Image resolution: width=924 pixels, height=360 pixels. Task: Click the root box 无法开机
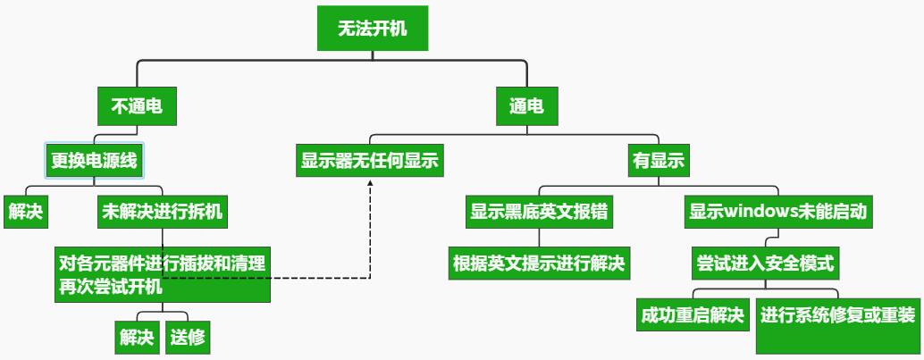tap(372, 29)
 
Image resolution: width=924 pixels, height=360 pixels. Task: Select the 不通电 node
tap(136, 107)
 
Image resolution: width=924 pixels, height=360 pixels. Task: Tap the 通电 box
tap(526, 107)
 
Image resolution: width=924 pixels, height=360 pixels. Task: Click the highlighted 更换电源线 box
tap(95, 161)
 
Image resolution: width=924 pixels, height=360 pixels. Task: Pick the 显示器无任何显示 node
tap(371, 161)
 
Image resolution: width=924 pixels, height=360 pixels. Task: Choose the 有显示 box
tap(658, 161)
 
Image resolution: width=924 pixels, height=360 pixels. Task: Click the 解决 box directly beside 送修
tap(136, 337)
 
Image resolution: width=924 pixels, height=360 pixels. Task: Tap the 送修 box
tap(188, 337)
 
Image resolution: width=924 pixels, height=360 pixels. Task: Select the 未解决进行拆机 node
tap(162, 212)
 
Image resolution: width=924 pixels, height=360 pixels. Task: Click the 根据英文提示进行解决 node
tap(539, 264)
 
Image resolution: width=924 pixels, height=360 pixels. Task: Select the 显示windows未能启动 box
tap(777, 213)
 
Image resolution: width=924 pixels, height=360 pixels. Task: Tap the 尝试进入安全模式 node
tap(764, 264)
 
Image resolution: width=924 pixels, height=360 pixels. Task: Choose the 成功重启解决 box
tap(693, 315)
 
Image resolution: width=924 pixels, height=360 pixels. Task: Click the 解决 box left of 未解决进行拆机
tap(26, 212)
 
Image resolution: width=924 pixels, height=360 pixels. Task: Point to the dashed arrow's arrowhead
tap(371, 181)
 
